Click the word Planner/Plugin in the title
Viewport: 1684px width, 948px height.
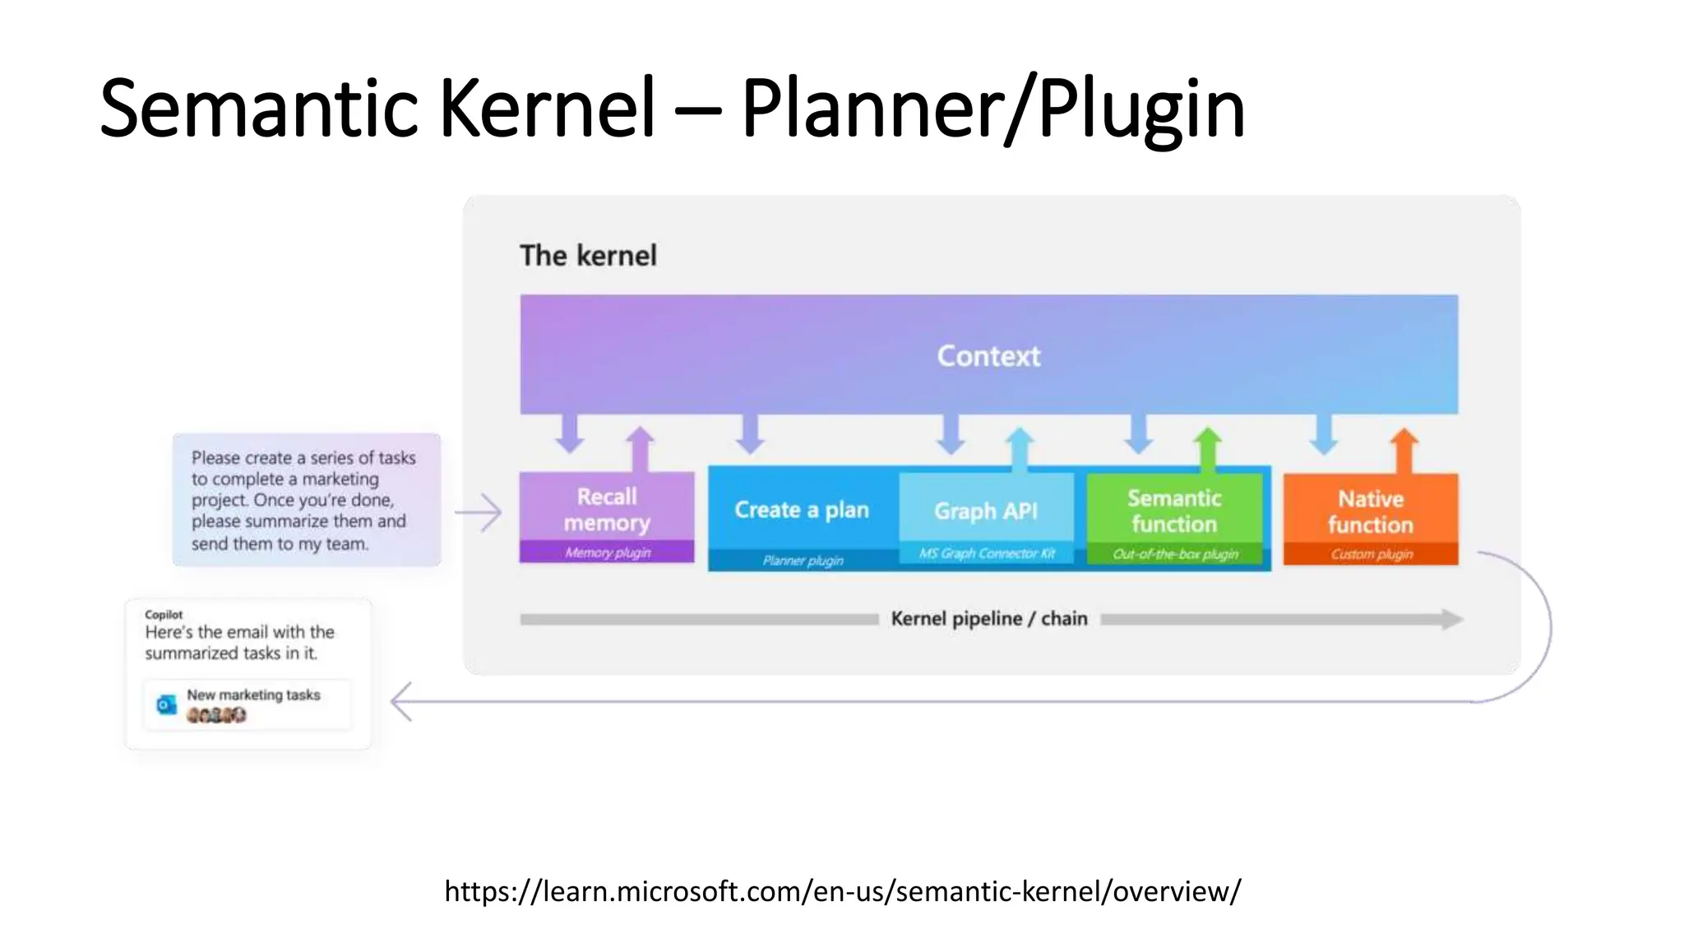point(992,109)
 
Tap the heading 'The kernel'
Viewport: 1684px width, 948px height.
point(588,256)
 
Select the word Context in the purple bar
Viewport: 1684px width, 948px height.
point(988,355)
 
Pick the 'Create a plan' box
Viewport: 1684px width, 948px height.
point(802,510)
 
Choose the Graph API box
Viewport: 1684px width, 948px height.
point(986,511)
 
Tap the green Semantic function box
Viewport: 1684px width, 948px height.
point(1174,511)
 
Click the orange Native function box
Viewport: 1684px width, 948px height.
point(1371,512)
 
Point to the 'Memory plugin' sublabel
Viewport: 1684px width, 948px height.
point(608,552)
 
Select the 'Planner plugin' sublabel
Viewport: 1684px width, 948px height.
point(803,560)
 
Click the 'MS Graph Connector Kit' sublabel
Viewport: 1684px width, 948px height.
point(987,554)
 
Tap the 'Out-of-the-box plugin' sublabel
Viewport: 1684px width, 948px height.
point(1175,555)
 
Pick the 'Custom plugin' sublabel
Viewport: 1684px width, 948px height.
point(1372,555)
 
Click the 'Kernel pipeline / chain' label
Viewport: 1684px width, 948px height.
point(988,619)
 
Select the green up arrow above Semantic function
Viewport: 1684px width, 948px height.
point(1207,447)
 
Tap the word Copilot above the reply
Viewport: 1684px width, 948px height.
point(164,615)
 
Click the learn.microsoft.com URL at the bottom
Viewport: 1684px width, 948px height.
point(842,891)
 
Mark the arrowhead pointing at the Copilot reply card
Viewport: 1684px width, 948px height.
point(400,702)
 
